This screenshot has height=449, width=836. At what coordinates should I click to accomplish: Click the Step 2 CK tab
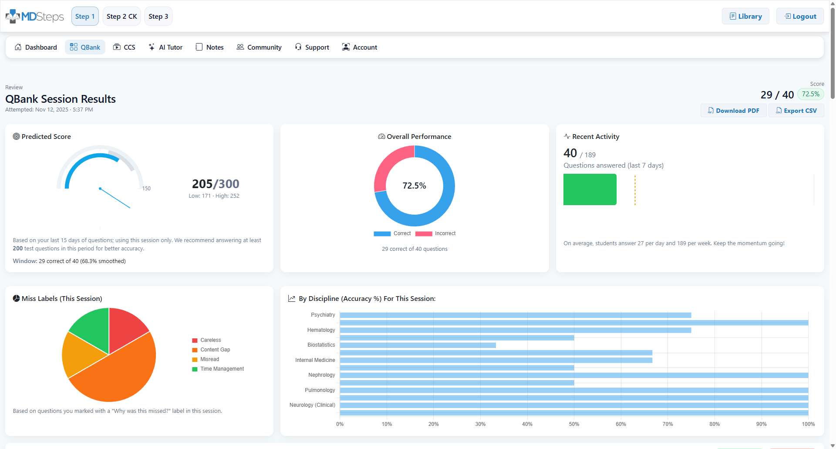[121, 17]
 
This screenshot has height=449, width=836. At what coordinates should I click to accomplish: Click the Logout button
[800, 17]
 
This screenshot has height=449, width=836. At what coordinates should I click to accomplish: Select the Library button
[745, 17]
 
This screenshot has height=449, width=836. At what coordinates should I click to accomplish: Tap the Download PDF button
[733, 111]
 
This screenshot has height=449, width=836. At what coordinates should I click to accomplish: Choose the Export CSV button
[796, 111]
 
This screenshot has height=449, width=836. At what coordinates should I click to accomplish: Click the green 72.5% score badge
[810, 94]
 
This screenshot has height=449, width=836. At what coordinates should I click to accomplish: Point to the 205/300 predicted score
[216, 184]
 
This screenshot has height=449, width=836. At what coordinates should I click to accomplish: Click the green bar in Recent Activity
[590, 189]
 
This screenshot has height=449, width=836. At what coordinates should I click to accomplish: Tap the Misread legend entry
[209, 359]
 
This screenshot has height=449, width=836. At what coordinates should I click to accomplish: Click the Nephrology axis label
[321, 375]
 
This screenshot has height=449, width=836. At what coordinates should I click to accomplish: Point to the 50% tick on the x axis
[574, 424]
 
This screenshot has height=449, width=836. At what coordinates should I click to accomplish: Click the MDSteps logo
[35, 17]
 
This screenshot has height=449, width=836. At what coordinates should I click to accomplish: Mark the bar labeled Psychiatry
[515, 315]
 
